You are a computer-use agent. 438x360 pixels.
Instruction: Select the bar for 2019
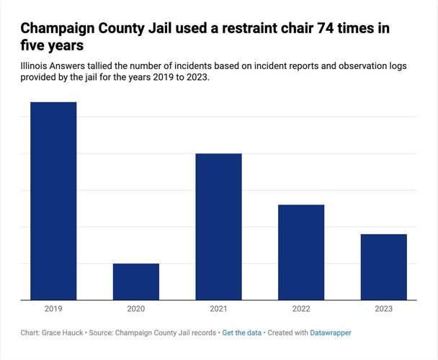[x=53, y=201]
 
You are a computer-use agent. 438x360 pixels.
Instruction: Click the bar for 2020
[x=136, y=282]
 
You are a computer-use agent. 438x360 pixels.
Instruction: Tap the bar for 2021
[x=218, y=227]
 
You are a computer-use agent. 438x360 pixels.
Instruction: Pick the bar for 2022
[x=301, y=252]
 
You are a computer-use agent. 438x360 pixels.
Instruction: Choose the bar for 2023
[x=383, y=267]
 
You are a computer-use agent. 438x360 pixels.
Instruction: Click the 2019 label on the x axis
[x=53, y=309]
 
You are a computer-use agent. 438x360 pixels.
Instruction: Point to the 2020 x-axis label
[x=136, y=309]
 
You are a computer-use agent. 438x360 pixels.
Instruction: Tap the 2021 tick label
[x=218, y=309]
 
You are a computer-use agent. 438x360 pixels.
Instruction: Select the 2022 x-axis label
[x=301, y=309]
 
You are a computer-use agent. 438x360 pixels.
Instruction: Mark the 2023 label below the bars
[x=383, y=309]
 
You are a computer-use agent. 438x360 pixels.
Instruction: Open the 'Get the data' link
[x=242, y=333]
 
